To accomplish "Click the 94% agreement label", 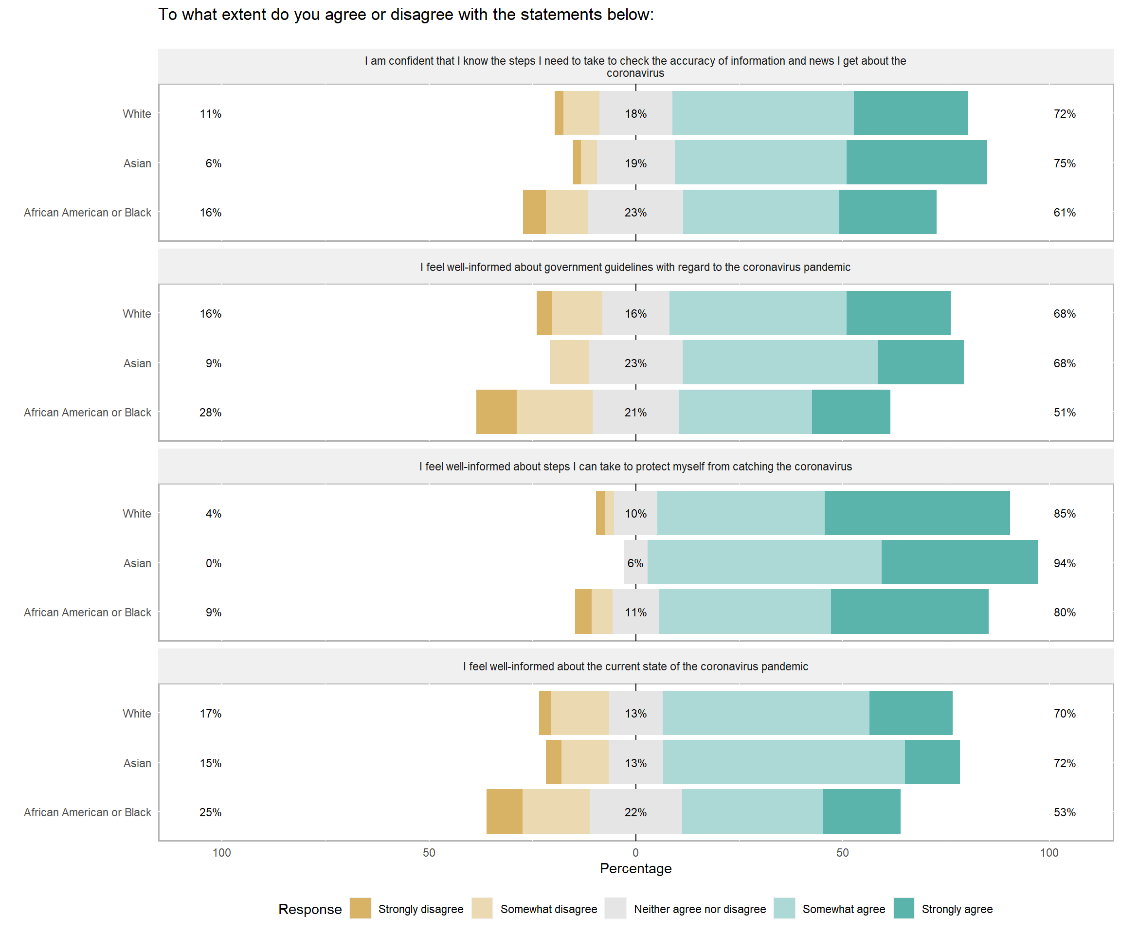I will pyautogui.click(x=1064, y=563).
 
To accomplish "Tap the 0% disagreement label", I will pyautogui.click(x=214, y=563).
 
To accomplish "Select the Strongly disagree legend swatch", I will pyautogui.click(x=361, y=908).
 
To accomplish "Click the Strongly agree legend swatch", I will pyautogui.click(x=904, y=908).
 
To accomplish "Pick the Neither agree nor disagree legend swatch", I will pyautogui.click(x=615, y=908).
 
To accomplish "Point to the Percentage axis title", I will pyautogui.click(x=635, y=868).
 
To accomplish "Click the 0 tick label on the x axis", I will pyautogui.click(x=635, y=852).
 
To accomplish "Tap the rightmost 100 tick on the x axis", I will pyautogui.click(x=1049, y=852).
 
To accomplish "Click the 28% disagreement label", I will pyautogui.click(x=210, y=413).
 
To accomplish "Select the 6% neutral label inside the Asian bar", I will pyautogui.click(x=635, y=563).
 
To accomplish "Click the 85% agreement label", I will pyautogui.click(x=1064, y=513).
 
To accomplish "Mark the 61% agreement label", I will pyautogui.click(x=1064, y=213).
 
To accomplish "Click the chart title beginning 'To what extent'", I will pyautogui.click(x=406, y=15).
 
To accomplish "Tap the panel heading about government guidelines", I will pyautogui.click(x=635, y=267).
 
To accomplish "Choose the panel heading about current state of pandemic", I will pyautogui.click(x=635, y=666).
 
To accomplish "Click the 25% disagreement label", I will pyautogui.click(x=210, y=812).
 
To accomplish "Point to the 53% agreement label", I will pyautogui.click(x=1064, y=812).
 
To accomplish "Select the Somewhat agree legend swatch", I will pyautogui.click(x=784, y=908).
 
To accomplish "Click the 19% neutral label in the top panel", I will pyautogui.click(x=635, y=163).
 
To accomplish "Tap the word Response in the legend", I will pyautogui.click(x=309, y=909).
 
